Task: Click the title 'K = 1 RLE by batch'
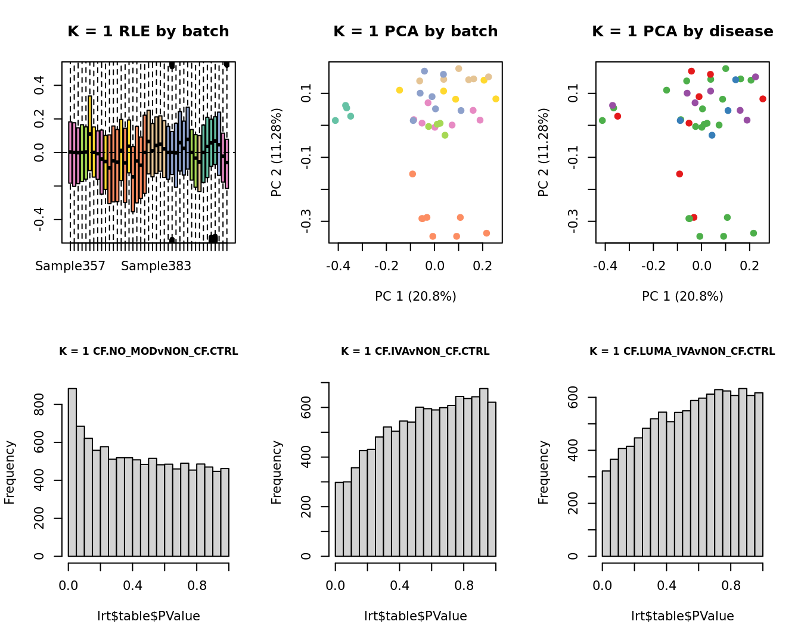tap(148, 32)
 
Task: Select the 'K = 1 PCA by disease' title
tap(682, 32)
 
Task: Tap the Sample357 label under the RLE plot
tap(70, 266)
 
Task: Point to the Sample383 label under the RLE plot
tap(156, 266)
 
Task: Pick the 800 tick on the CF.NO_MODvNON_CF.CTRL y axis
tap(39, 405)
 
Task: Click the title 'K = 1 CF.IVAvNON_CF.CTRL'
tap(415, 351)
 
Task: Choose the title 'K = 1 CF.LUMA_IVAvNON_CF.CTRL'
tap(682, 351)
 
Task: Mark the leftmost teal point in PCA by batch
tap(336, 120)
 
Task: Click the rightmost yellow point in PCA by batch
tap(496, 99)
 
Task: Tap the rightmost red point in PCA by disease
tap(763, 99)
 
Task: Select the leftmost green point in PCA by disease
tap(603, 120)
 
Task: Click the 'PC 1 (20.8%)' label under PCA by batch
tap(415, 296)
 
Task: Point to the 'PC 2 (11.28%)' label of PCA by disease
tap(543, 152)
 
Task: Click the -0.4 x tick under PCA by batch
tap(339, 266)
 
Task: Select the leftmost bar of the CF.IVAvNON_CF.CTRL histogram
tap(339, 519)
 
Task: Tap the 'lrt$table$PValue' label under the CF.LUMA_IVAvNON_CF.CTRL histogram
tap(682, 616)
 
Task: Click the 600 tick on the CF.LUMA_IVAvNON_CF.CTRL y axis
tap(573, 398)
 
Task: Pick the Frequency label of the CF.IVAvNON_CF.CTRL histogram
tap(277, 472)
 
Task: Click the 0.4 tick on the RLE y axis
tap(39, 85)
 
